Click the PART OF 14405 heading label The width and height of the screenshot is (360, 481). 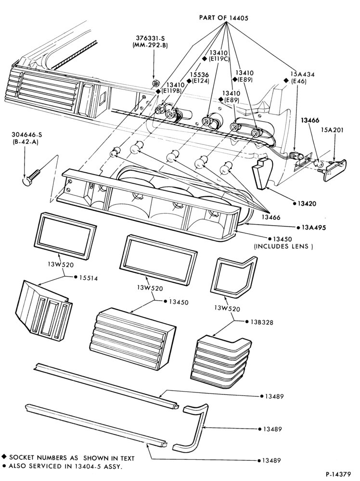click(x=223, y=18)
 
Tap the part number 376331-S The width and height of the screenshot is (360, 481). click(x=151, y=38)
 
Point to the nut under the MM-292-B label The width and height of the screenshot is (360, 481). click(x=155, y=83)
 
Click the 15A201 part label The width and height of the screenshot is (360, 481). click(x=333, y=130)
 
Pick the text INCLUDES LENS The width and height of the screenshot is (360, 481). click(x=283, y=246)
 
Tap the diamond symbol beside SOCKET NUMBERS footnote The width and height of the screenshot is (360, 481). click(x=4, y=457)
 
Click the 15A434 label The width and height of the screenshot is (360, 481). click(x=302, y=74)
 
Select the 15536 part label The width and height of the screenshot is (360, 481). click(x=199, y=75)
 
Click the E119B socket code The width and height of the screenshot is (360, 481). click(x=172, y=91)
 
